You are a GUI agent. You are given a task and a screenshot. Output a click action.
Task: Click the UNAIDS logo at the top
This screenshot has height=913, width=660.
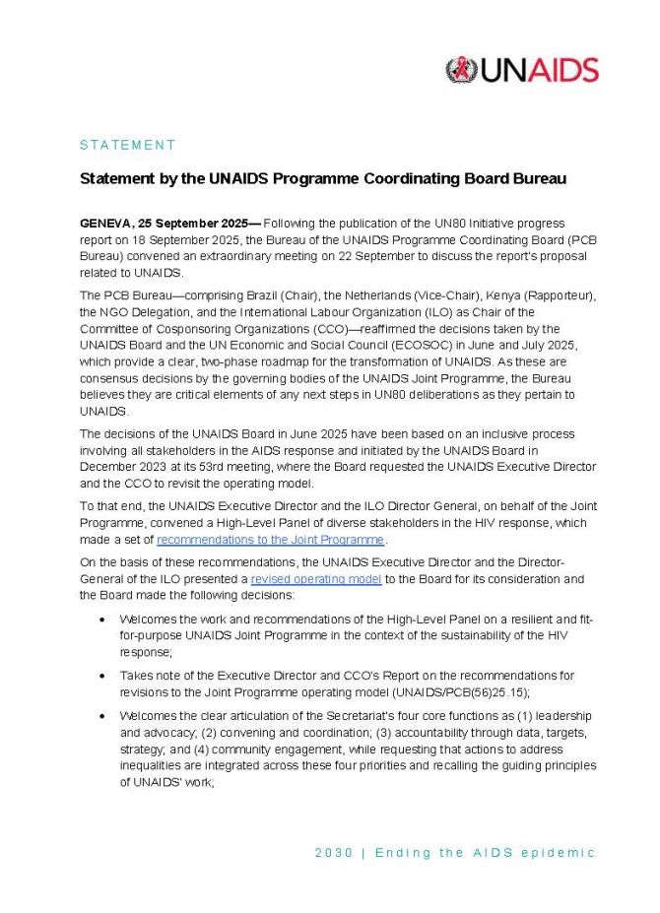(x=521, y=70)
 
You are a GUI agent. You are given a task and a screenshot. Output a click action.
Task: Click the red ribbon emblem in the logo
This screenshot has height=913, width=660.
(x=460, y=70)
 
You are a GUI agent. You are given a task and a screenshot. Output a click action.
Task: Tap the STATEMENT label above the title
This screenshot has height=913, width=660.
(x=127, y=145)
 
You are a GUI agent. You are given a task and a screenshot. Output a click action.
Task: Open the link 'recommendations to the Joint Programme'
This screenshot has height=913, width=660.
(x=271, y=540)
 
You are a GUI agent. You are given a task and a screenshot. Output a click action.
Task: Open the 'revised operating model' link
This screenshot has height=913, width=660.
(x=316, y=579)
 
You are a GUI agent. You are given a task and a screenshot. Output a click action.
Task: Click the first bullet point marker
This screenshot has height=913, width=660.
(x=103, y=620)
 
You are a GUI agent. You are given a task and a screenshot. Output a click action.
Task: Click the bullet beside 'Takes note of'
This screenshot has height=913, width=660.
(x=103, y=677)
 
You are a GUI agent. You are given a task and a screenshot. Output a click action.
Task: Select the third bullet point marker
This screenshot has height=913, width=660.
(x=103, y=716)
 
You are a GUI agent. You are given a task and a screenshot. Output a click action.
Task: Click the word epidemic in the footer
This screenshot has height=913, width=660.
(x=560, y=853)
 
